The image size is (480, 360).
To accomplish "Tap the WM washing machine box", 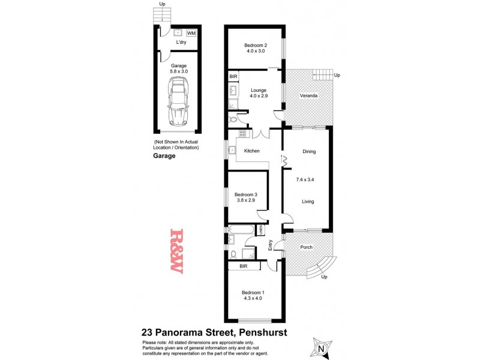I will tap(191, 33).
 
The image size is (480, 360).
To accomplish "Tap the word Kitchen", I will tap(251, 151).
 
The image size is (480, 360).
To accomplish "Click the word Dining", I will tap(309, 152).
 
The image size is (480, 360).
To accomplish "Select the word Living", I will tap(309, 202).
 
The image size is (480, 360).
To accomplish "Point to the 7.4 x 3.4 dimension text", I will tap(309, 179).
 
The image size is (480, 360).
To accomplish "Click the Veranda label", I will tap(309, 95).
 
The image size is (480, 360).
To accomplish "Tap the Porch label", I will tap(307, 247).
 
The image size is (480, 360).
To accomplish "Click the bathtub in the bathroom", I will tap(241, 229).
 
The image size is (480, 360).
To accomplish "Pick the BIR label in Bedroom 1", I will tap(244, 265).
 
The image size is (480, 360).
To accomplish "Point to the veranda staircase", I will tap(322, 76).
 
